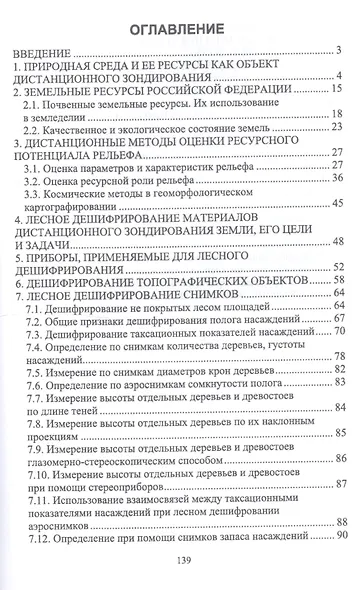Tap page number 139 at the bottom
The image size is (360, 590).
coord(180,562)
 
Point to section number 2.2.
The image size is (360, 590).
coord(41,128)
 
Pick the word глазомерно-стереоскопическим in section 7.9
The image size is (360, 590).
coord(92,458)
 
